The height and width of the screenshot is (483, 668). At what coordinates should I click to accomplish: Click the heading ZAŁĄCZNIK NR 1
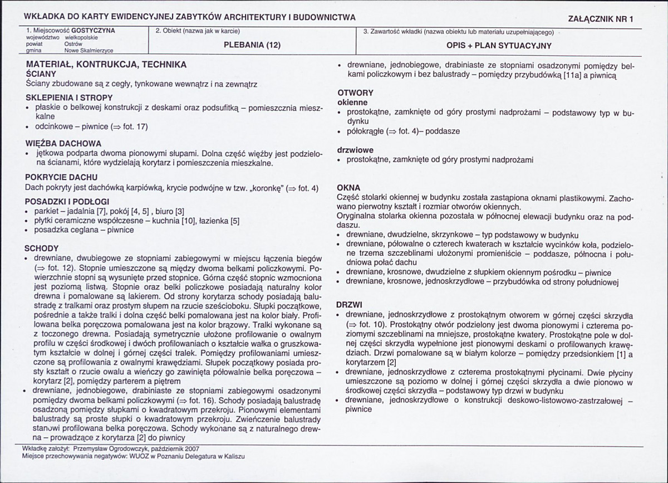(x=601, y=18)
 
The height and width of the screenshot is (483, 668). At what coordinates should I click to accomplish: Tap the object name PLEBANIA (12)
(x=252, y=45)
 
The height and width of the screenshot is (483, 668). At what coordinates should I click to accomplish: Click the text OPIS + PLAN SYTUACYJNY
(x=499, y=45)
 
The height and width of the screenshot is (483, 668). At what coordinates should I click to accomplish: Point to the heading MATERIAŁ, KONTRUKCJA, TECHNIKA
(x=106, y=65)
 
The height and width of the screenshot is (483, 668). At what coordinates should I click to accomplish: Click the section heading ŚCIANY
(x=41, y=74)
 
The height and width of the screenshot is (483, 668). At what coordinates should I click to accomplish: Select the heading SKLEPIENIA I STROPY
(x=69, y=97)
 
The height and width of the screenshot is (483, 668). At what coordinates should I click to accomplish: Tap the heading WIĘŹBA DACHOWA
(x=63, y=143)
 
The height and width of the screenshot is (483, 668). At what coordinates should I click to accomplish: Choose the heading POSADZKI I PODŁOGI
(x=67, y=201)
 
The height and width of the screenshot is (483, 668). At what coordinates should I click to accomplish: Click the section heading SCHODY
(x=42, y=248)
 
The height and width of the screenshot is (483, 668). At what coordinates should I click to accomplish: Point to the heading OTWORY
(x=355, y=93)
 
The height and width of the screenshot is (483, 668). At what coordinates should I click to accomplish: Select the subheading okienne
(x=352, y=103)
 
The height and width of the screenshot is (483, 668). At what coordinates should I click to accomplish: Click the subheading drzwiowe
(x=355, y=150)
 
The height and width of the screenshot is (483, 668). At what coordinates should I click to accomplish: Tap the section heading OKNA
(x=349, y=188)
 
